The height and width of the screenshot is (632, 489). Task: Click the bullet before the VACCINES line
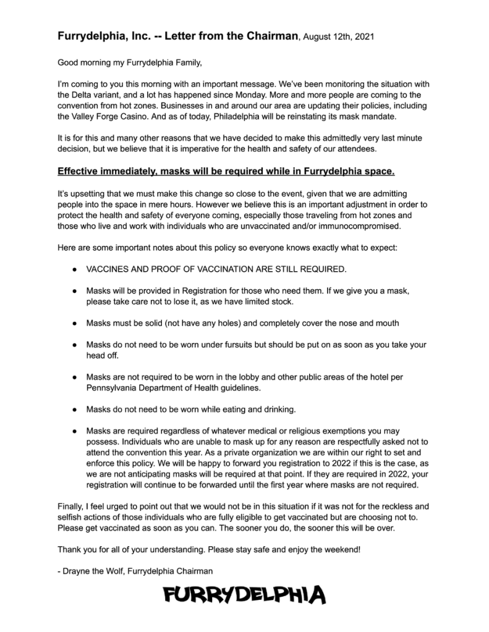click(74, 269)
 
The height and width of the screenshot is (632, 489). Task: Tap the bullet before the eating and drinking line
click(74, 409)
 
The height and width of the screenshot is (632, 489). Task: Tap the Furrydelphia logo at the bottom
click(244, 596)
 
